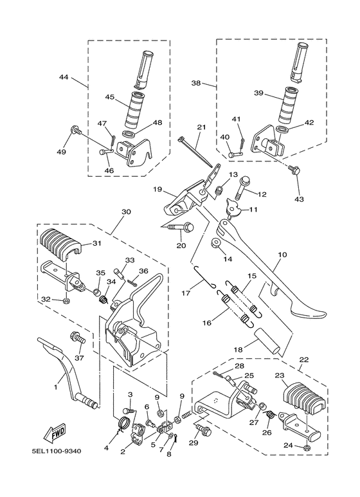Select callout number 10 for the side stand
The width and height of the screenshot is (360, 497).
click(x=282, y=255)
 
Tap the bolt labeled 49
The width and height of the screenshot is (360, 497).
click(x=75, y=132)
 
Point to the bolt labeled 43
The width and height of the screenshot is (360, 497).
click(x=294, y=169)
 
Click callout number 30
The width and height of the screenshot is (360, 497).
click(x=125, y=212)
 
